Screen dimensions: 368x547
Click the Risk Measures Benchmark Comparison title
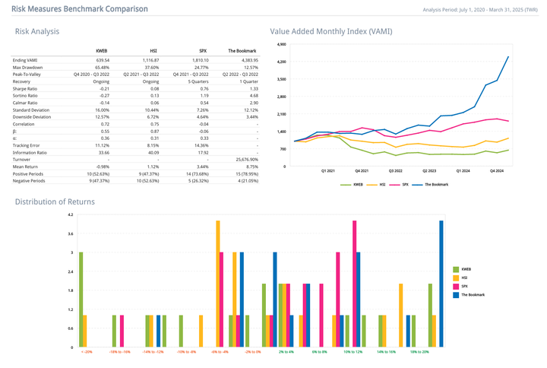(x=80, y=9)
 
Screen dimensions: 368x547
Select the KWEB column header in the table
(x=102, y=50)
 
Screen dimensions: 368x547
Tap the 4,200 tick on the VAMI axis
(x=280, y=62)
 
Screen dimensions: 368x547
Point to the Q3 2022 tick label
(x=395, y=171)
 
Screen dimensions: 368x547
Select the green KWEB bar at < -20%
(x=81, y=300)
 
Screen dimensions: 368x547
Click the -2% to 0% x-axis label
(x=252, y=352)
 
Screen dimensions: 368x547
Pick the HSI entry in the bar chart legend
(x=465, y=278)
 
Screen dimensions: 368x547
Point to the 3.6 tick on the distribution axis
(x=71, y=234)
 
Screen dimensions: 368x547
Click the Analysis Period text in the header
(x=479, y=10)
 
